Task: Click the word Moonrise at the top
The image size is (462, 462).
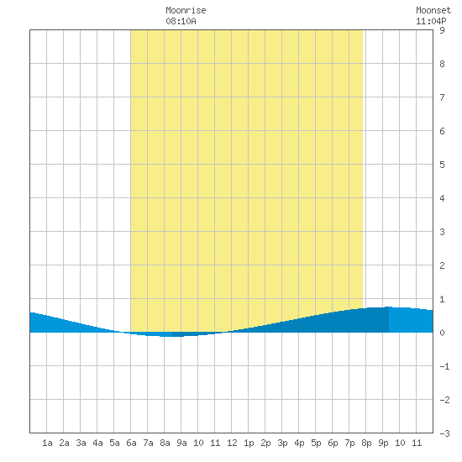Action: coord(186,10)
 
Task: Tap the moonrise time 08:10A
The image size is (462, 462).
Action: coord(181,21)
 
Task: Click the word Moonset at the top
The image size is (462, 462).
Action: coord(433,10)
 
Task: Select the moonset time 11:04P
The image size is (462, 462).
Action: coord(431,21)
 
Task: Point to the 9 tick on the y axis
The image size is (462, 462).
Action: coord(442,30)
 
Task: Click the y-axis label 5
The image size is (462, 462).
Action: coord(442,165)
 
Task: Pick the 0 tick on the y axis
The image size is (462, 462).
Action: coord(442,333)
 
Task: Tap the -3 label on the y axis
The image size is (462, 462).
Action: coord(444,433)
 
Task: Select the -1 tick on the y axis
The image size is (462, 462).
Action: coord(444,366)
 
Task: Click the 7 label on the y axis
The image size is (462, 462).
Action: coord(442,97)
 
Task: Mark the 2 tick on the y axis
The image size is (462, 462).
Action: coord(442,265)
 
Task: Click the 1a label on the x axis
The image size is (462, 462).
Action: coord(47,443)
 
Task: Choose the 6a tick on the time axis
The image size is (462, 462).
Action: coord(131,443)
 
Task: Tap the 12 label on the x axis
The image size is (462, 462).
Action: coord(232,443)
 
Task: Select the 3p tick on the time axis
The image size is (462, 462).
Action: coord(282,443)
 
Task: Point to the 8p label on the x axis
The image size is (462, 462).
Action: coord(366,443)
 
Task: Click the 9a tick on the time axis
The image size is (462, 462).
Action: coord(181,443)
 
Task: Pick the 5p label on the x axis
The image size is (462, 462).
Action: coord(316,443)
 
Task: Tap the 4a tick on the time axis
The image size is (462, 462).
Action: coord(97,443)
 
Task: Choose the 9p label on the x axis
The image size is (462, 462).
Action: coord(383,443)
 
